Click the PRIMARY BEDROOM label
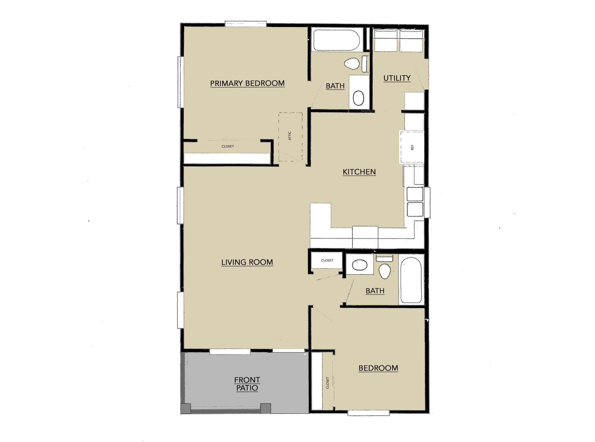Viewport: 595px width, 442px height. pos(247,83)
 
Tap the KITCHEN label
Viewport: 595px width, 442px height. pos(359,172)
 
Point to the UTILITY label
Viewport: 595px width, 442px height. pos(397,78)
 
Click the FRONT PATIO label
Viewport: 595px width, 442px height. pos(247,384)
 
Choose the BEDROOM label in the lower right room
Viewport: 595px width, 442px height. pos(378,368)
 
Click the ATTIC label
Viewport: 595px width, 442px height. pos(290,136)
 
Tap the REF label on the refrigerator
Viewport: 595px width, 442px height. pos(412,147)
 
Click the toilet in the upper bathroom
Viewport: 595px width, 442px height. pos(352,64)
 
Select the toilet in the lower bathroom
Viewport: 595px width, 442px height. pos(384,271)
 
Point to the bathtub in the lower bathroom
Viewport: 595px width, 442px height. pos(411,280)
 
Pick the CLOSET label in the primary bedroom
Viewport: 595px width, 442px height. pos(228,146)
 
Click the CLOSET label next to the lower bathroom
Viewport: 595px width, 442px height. pos(327,260)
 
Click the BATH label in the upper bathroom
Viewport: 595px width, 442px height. pos(335,86)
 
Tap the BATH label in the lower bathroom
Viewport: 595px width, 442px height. pos(375,291)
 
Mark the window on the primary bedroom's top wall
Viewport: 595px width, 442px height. pos(245,24)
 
